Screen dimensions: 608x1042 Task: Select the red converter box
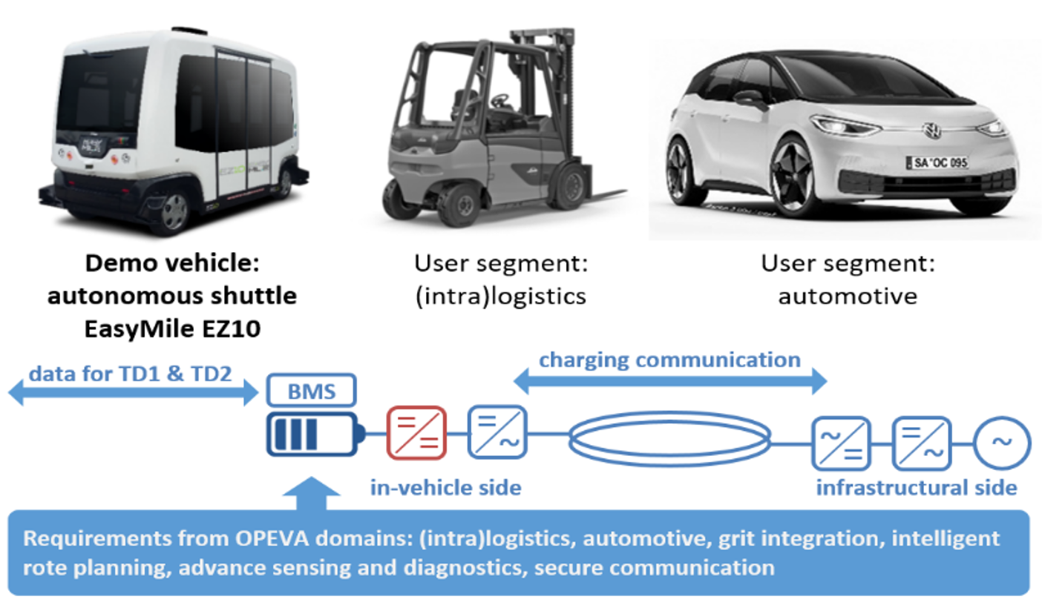pyautogui.click(x=416, y=432)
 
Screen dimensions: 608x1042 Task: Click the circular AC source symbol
pyautogui.click(x=1002, y=443)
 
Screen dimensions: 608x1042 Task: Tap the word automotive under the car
pyautogui.click(x=848, y=297)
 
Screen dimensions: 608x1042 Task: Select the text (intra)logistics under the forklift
pyautogui.click(x=500, y=297)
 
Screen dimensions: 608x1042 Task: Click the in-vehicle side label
pyautogui.click(x=446, y=487)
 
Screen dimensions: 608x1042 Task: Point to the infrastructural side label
pyautogui.click(x=917, y=487)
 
